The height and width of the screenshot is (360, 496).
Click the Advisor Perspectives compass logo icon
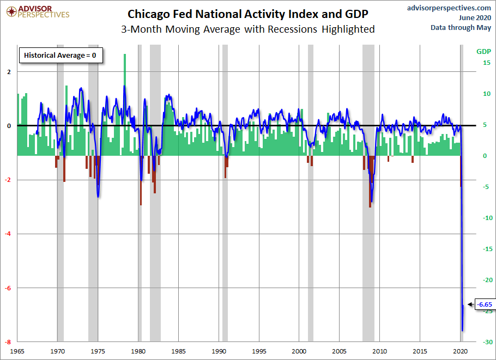11,12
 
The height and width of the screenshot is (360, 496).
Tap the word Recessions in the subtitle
292,29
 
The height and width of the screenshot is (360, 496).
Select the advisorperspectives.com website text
449,8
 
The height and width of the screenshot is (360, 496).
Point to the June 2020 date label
475,17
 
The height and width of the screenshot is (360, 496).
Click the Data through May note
461,27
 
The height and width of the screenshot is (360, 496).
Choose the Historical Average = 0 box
61,56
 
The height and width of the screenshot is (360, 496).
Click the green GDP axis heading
483,52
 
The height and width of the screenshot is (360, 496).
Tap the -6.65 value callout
485,304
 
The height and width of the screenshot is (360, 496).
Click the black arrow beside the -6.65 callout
471,304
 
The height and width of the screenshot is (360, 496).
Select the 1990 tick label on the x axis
219,351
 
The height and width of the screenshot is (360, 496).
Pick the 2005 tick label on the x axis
339,351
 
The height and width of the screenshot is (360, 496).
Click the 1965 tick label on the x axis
17,351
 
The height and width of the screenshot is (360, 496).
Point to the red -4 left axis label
8,234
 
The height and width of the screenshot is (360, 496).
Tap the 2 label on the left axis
9,72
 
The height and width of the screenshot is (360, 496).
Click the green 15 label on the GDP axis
487,63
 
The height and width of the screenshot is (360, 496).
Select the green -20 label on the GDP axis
487,280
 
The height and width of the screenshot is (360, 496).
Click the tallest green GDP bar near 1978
125,105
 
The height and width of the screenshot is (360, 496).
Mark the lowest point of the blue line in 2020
462,331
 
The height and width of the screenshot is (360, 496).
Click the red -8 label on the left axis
8,341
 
